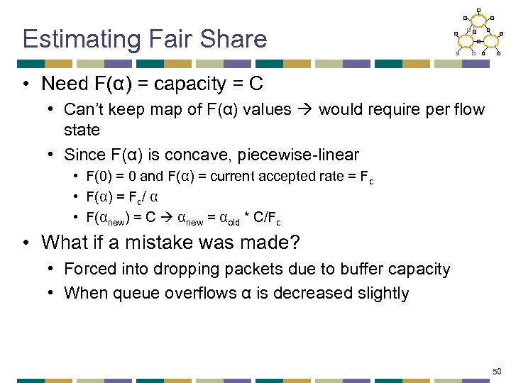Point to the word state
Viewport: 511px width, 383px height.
point(82,130)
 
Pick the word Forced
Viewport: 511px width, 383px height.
point(87,269)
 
